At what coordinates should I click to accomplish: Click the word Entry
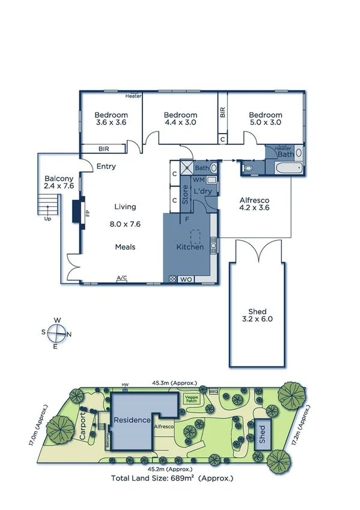[x=106, y=167]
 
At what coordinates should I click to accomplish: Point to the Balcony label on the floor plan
[x=59, y=179]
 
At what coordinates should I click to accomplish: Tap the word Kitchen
[x=190, y=247]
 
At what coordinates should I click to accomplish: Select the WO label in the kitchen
[x=186, y=279]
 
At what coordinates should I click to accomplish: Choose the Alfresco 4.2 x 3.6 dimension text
[x=254, y=208]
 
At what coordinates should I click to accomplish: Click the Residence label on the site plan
[x=132, y=420]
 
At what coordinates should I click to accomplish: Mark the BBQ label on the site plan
[x=213, y=390]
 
